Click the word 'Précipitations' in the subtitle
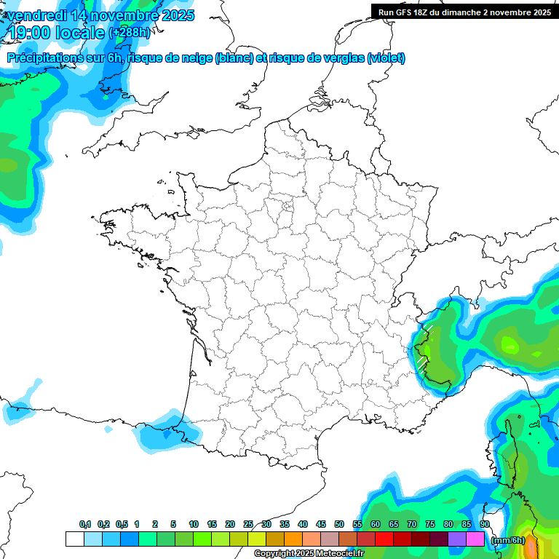point(46,58)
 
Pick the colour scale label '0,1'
point(85,525)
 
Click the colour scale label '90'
point(484,525)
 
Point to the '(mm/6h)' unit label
point(507,540)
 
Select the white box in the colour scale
point(74,539)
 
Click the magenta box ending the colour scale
point(475,539)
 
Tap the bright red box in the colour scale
point(384,539)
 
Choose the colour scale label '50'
point(339,525)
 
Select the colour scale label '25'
point(248,525)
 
